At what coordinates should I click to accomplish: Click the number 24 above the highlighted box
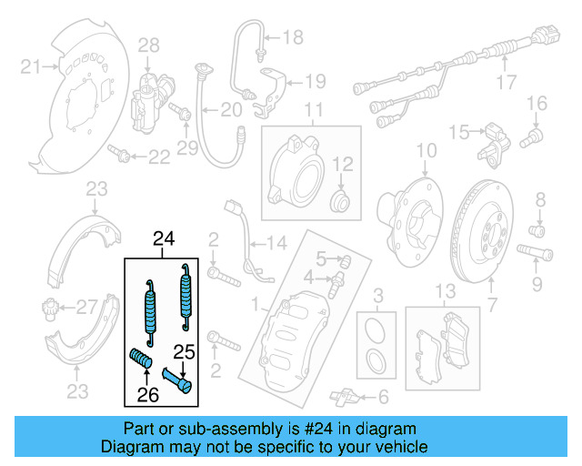pos(163,240)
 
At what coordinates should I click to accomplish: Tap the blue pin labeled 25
pos(177,375)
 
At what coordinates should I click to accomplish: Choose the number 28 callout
pos(148,45)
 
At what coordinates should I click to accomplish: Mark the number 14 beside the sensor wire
pos(276,243)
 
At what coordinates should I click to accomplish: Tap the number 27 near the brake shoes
pos(85,306)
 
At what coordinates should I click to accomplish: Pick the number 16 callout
pos(536,102)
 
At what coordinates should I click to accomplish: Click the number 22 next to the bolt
pos(158,157)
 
